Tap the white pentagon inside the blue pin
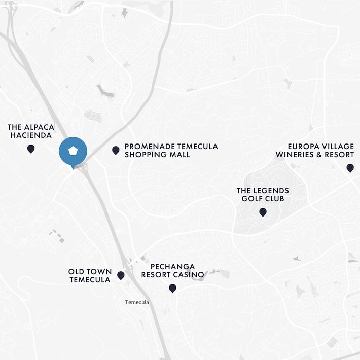pos(73,151)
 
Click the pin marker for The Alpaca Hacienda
pos(31,149)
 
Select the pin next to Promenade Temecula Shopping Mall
pos(116,150)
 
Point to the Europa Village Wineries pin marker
pos(350,168)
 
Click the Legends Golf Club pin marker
pos(263,212)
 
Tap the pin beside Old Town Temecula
pos(121,275)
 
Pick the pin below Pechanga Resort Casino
pos(172,288)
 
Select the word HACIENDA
pos(31,135)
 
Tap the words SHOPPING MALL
pos(157,154)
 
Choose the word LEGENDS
pos(271,191)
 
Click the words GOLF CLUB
pos(263,198)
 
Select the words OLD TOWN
pos(90,272)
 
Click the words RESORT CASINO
pos(172,275)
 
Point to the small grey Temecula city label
pos(137,302)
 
